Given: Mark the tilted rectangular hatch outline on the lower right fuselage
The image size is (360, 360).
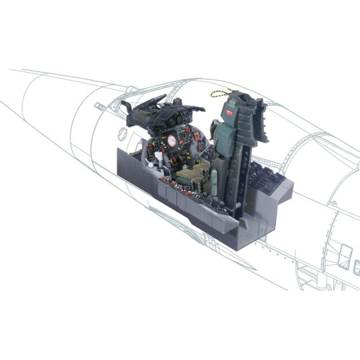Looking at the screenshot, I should coord(345,254).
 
